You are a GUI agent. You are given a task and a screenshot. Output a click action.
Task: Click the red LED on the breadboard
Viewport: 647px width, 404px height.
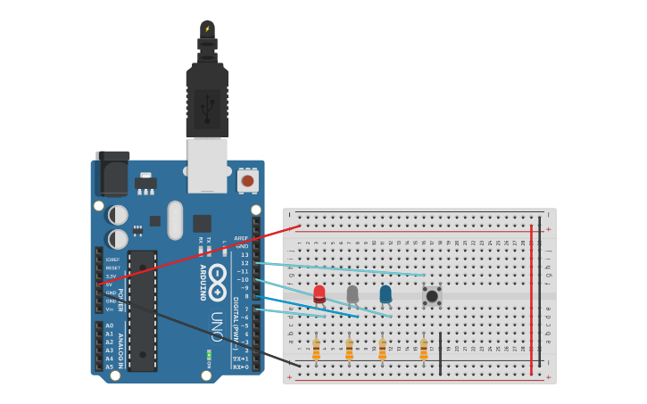pyautogui.click(x=319, y=293)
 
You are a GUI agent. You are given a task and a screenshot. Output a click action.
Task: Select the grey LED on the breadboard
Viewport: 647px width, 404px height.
pyautogui.click(x=353, y=293)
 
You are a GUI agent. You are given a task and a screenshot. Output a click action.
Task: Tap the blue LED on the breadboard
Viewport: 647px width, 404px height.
pyautogui.click(x=386, y=293)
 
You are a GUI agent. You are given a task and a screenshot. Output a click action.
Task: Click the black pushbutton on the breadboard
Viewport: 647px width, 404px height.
pyautogui.click(x=432, y=295)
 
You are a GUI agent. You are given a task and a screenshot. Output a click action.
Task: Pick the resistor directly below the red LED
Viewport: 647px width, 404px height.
pyautogui.click(x=316, y=348)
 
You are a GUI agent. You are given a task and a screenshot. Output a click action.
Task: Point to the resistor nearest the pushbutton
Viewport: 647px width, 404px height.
pyautogui.click(x=424, y=348)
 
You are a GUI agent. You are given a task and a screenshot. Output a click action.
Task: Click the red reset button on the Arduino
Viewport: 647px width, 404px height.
pyautogui.click(x=247, y=181)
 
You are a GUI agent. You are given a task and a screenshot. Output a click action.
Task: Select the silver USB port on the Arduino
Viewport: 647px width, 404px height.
pyautogui.click(x=207, y=165)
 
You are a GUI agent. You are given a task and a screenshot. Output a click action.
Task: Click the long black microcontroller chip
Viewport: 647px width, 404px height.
pyautogui.click(x=142, y=310)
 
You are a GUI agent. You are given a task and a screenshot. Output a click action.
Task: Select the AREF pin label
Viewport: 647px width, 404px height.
pyautogui.click(x=241, y=238)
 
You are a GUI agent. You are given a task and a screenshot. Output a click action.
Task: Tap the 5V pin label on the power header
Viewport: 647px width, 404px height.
pyautogui.click(x=110, y=284)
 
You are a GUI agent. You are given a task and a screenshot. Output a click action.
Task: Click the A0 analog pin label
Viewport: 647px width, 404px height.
pyautogui.click(x=109, y=326)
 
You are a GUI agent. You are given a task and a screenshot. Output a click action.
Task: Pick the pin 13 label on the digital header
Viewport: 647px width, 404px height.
pyautogui.click(x=245, y=255)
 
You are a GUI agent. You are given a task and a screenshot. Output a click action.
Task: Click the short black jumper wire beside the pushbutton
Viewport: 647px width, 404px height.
pyautogui.click(x=440, y=353)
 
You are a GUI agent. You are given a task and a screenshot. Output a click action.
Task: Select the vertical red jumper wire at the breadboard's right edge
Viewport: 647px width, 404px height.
pyautogui.click(x=531, y=299)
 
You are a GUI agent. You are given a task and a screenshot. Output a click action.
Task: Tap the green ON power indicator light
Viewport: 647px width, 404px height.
pyautogui.click(x=208, y=354)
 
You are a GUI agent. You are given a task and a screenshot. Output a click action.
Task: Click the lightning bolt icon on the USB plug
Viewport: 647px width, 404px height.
pyautogui.click(x=207, y=29)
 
